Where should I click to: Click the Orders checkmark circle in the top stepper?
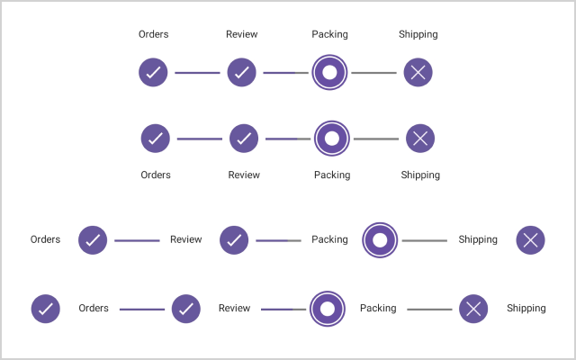click(x=153, y=72)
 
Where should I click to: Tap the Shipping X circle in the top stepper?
click(x=418, y=72)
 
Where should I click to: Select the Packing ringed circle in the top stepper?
click(x=329, y=72)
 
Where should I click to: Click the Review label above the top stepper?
click(x=241, y=34)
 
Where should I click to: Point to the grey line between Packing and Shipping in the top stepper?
click(x=373, y=72)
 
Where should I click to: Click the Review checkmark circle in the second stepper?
click(x=244, y=139)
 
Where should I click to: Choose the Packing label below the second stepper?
click(x=332, y=175)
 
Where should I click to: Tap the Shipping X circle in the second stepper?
click(x=420, y=139)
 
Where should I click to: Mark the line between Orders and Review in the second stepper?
click(x=199, y=139)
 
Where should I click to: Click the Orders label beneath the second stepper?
click(x=156, y=175)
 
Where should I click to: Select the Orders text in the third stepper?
click(x=45, y=239)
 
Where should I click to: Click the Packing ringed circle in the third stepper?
click(x=380, y=240)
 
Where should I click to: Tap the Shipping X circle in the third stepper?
click(x=530, y=240)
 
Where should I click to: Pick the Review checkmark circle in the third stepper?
click(x=234, y=240)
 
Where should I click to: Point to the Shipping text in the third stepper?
click(x=478, y=239)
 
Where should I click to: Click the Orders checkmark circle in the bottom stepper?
click(x=46, y=309)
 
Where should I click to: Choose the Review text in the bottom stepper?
click(x=234, y=308)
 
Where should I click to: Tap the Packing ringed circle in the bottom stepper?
click(x=328, y=309)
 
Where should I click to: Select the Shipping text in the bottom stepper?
click(x=526, y=308)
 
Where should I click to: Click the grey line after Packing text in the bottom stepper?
click(x=429, y=309)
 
